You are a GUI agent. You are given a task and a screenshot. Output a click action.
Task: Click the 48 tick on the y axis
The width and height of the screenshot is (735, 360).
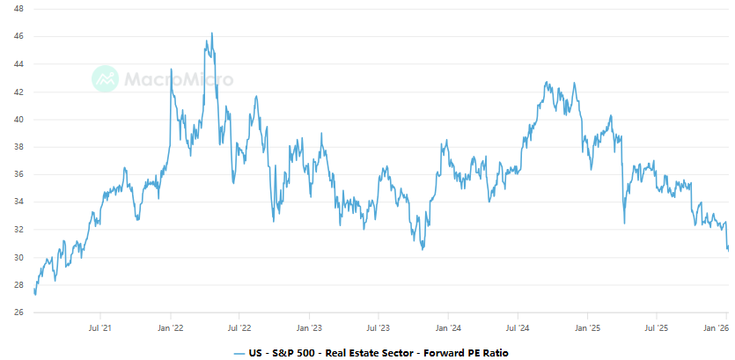pyautogui.click(x=18, y=8)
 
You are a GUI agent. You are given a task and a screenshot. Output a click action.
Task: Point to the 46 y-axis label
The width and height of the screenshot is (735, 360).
pyautogui.click(x=18, y=36)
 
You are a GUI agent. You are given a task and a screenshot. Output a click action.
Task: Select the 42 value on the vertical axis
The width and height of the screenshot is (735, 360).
pyautogui.click(x=18, y=92)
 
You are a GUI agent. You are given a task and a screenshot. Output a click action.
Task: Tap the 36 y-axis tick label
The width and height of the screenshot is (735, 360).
pyautogui.click(x=18, y=174)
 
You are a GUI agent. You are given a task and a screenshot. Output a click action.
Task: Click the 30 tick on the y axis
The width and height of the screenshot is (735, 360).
pyautogui.click(x=18, y=257)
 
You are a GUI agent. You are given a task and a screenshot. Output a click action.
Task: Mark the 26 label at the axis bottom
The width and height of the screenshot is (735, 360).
pyautogui.click(x=18, y=312)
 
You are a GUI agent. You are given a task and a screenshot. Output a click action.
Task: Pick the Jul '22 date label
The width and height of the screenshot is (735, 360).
pyautogui.click(x=239, y=327)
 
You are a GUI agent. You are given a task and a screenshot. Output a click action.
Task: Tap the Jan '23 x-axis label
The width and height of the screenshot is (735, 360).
pyautogui.click(x=309, y=327)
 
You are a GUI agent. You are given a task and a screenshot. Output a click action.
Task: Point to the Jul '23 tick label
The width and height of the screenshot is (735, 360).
pyautogui.click(x=379, y=327)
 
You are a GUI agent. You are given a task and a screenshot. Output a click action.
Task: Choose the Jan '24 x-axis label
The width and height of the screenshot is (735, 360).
pyautogui.click(x=448, y=327)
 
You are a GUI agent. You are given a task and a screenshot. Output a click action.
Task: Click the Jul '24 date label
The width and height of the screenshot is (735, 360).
pyautogui.click(x=518, y=327)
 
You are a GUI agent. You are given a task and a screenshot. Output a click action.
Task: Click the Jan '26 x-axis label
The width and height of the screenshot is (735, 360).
pyautogui.click(x=717, y=327)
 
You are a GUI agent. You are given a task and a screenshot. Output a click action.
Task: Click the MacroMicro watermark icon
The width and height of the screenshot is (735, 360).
pyautogui.click(x=106, y=78)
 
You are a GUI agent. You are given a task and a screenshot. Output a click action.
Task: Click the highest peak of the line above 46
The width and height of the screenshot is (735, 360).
pyautogui.click(x=211, y=33)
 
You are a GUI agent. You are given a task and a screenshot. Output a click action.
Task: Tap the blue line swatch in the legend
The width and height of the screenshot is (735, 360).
pyautogui.click(x=239, y=352)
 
